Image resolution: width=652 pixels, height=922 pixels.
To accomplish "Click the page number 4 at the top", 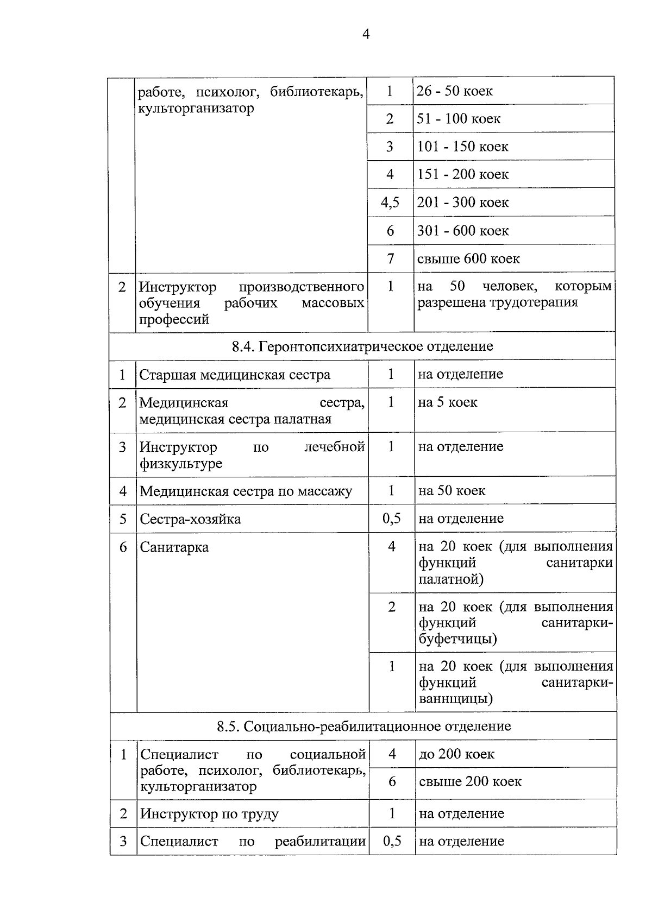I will click(x=366, y=35).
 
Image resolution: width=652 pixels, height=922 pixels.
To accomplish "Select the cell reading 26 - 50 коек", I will click(x=454, y=91).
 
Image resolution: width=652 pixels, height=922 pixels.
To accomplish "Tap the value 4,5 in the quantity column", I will click(x=390, y=203).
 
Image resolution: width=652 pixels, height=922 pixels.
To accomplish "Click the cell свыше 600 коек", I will click(x=468, y=259).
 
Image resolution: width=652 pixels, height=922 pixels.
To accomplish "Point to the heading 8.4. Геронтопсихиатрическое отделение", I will click(x=362, y=346).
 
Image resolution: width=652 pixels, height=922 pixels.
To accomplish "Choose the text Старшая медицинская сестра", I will click(x=235, y=375).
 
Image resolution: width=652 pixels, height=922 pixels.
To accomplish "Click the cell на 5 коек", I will click(x=448, y=402).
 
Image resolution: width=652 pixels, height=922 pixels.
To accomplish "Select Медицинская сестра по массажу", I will click(x=246, y=491).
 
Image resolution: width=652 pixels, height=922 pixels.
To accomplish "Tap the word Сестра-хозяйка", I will click(x=190, y=519).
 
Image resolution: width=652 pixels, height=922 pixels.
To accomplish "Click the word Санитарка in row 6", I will click(x=174, y=547).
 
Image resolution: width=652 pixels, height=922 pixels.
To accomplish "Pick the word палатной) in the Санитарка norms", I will click(x=451, y=579).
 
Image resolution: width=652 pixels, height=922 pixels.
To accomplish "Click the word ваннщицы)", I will click(x=456, y=698).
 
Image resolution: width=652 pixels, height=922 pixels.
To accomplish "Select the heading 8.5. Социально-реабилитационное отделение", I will click(x=363, y=727).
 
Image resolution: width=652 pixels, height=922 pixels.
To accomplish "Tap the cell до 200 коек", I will click(x=456, y=754).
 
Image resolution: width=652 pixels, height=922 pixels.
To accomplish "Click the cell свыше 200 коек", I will click(x=470, y=782).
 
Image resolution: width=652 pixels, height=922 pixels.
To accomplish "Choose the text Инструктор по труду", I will click(x=209, y=814).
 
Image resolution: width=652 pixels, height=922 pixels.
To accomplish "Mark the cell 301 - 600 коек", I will click(x=462, y=231).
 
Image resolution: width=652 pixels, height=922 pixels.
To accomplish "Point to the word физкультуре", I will click(x=181, y=464).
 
